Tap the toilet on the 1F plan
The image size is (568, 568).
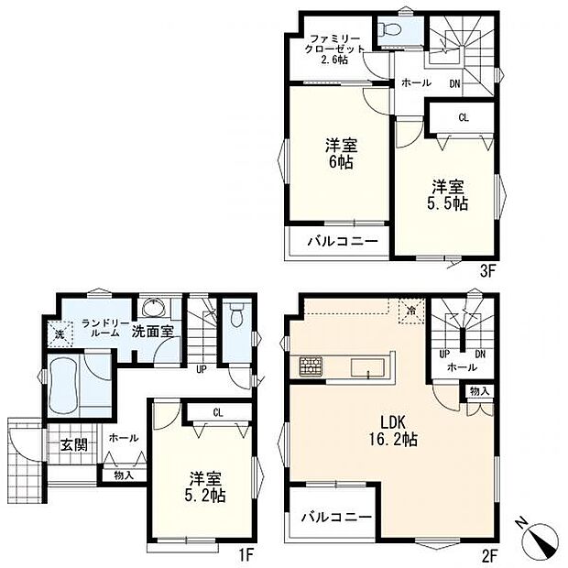pos(236,315)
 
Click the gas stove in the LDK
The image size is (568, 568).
pos(311,366)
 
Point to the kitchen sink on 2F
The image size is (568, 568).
pos(367,367)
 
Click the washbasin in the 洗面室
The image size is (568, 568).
pos(154,308)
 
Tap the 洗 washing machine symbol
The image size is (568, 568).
pos(60,334)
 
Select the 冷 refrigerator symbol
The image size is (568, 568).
pos(411,311)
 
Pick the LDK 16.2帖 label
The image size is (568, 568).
pos(393,431)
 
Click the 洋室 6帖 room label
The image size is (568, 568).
pos(341,154)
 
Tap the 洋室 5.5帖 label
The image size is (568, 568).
pos(448,195)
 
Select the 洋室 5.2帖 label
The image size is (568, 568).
pos(205,486)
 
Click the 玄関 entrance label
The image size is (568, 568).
pos(74,445)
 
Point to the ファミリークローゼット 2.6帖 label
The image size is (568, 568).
pos(334,49)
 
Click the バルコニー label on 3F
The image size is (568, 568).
pos(343,241)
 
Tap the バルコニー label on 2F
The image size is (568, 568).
pos(337,517)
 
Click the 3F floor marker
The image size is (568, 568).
pos(487,272)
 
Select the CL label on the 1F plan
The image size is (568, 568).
pos(218,412)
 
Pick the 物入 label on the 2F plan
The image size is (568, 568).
pos(480,391)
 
